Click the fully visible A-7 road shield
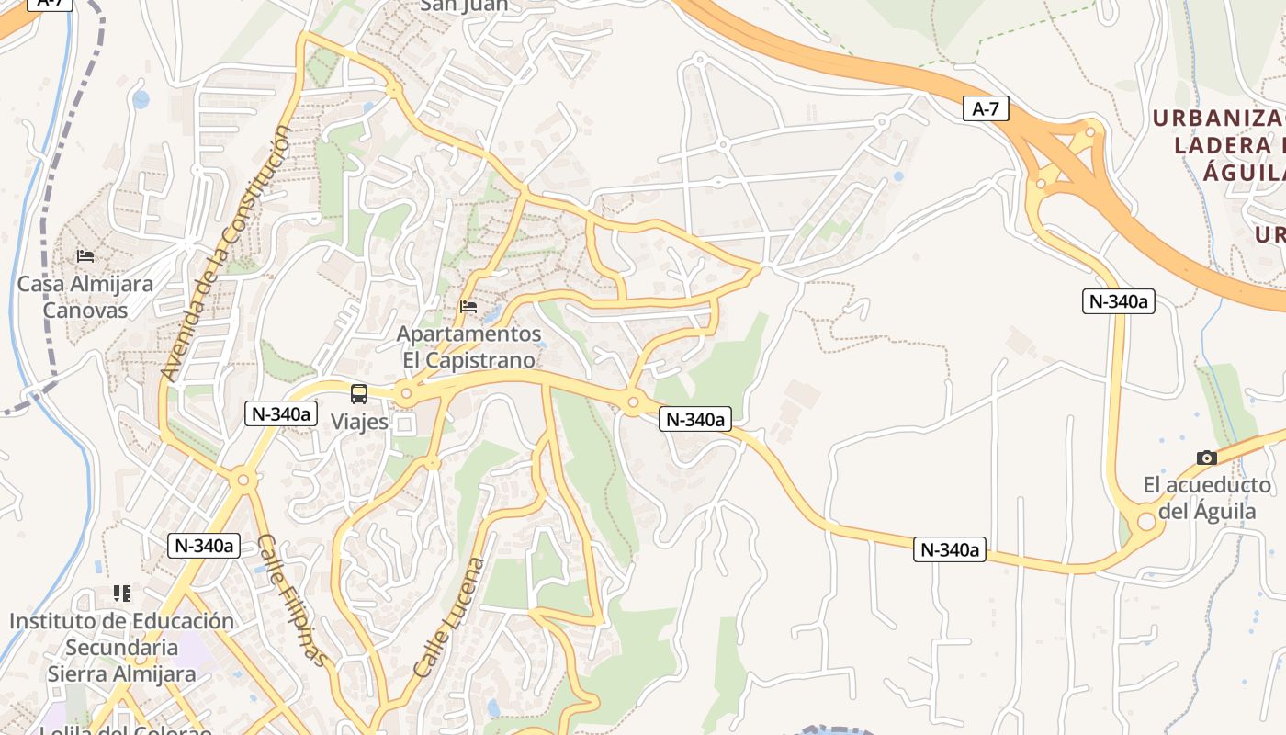click(985, 109)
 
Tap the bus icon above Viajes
click(359, 394)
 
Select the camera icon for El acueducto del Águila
click(1206, 458)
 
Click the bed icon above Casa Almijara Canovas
click(85, 255)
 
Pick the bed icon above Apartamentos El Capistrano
click(468, 307)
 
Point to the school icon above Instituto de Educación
click(122, 594)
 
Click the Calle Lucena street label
click(449, 617)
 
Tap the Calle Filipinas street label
click(291, 600)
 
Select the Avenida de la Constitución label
click(226, 254)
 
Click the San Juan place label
click(464, 6)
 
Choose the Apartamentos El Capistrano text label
click(468, 346)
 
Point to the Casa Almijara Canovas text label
click(85, 297)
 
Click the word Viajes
click(359, 424)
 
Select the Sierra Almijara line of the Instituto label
click(122, 674)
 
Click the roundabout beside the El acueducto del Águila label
click(1146, 522)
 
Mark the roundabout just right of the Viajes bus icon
click(406, 395)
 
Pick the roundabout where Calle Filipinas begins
click(243, 479)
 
